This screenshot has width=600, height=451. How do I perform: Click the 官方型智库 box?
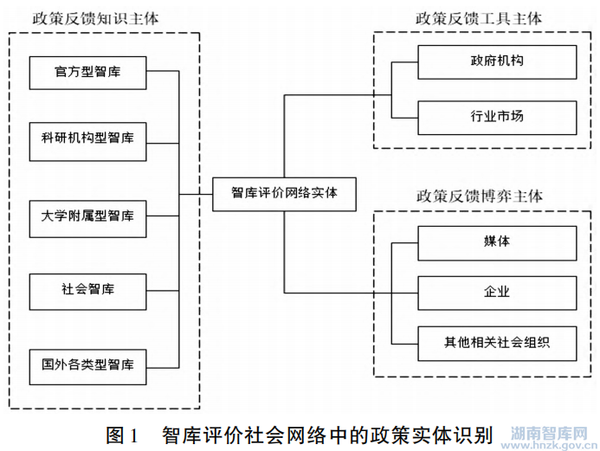click(x=87, y=72)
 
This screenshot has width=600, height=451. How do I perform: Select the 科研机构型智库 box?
click(x=87, y=139)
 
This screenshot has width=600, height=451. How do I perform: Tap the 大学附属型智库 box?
click(x=87, y=214)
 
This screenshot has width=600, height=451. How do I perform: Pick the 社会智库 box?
click(x=87, y=289)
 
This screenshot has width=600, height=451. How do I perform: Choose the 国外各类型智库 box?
click(x=87, y=363)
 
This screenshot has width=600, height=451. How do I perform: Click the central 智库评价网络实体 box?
click(x=284, y=193)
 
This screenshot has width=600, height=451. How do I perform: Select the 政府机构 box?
click(x=497, y=62)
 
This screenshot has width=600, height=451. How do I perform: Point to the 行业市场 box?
click(x=497, y=116)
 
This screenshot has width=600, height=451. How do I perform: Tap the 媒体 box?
click(x=497, y=242)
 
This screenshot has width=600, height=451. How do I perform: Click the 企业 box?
click(x=497, y=293)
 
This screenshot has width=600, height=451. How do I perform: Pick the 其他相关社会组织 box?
click(x=497, y=344)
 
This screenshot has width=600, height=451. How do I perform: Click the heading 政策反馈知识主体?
click(x=96, y=18)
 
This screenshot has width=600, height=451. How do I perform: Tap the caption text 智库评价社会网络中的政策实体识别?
click(x=326, y=434)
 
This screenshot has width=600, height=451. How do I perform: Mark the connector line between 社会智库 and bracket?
click(x=161, y=289)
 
